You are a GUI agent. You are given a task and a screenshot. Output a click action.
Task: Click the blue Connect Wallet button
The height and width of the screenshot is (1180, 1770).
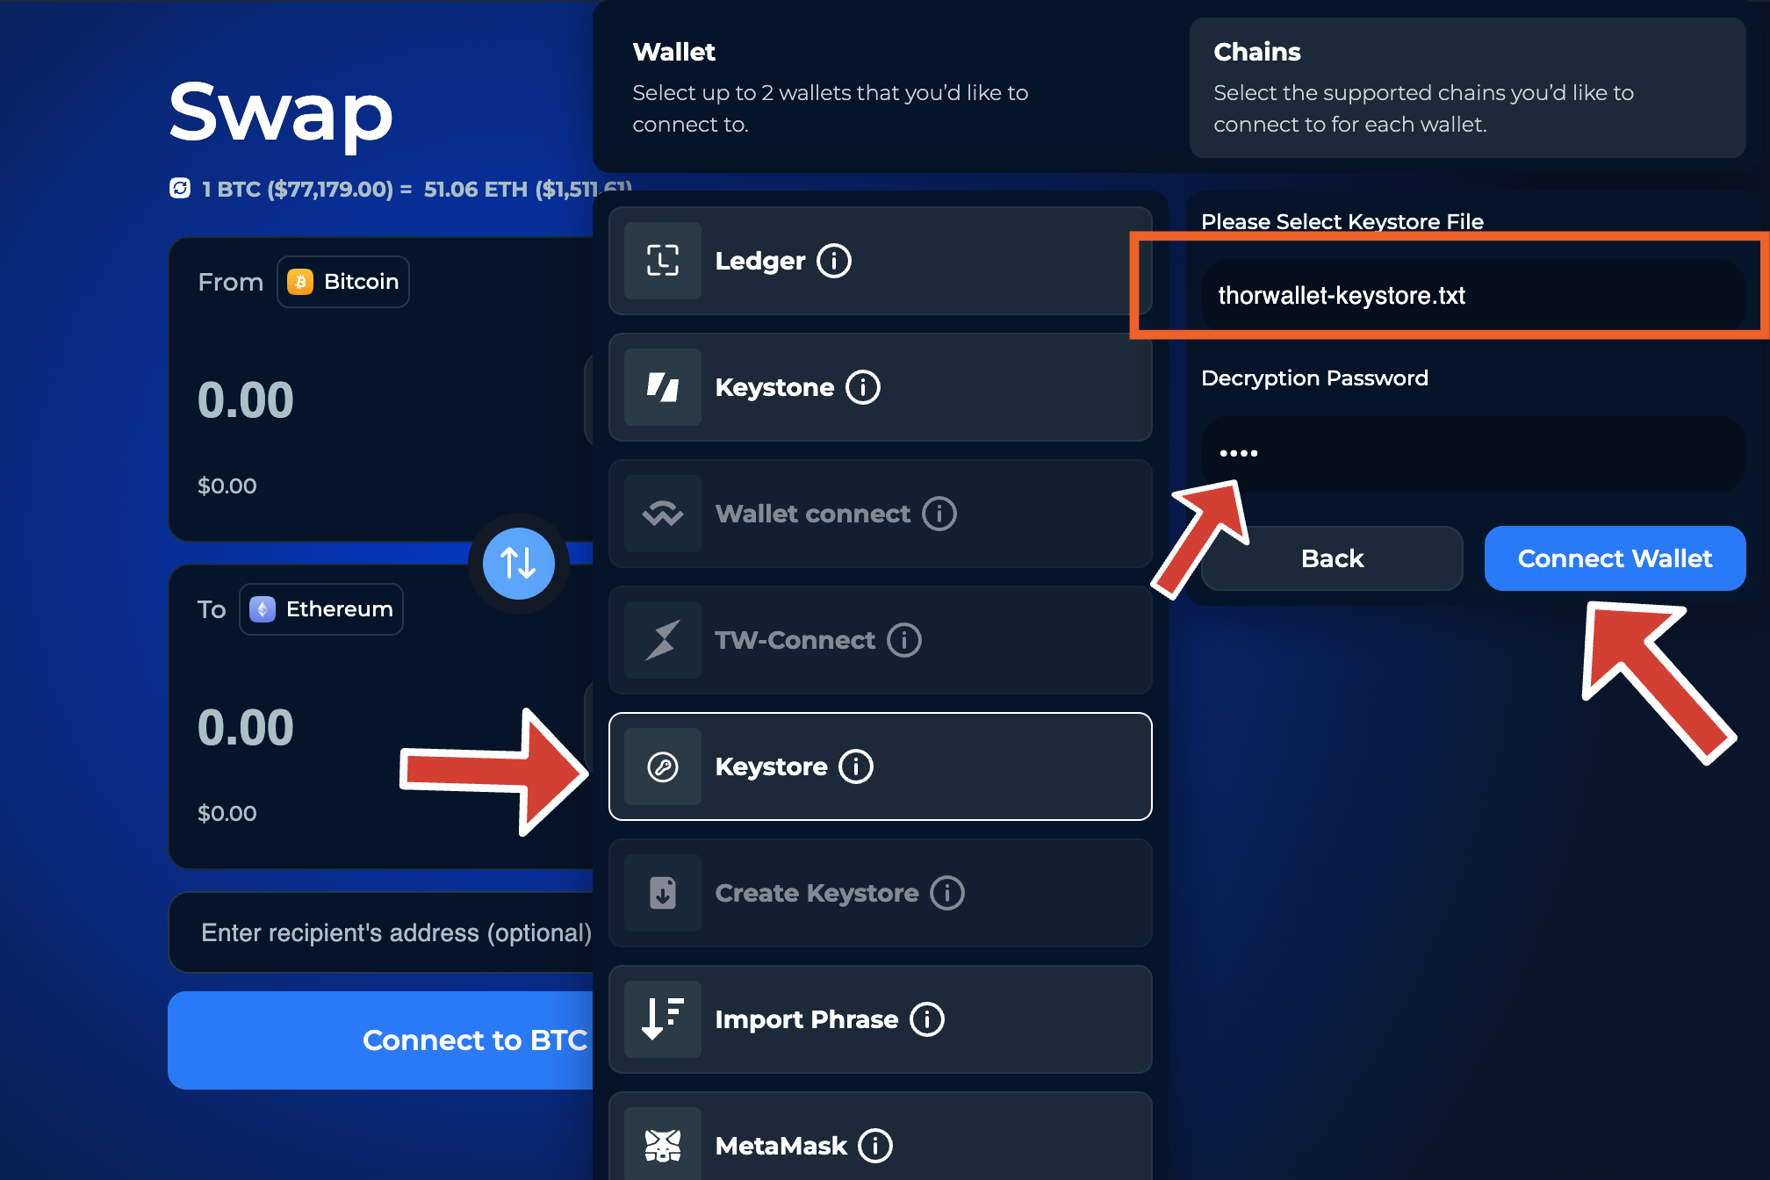pos(1615,558)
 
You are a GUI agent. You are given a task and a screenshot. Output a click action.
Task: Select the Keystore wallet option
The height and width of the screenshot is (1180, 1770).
pos(880,766)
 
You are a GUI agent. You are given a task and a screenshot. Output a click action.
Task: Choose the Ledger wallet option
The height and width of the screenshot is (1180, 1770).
pos(880,261)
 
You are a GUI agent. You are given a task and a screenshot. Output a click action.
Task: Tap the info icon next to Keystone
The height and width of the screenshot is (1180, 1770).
pos(863,387)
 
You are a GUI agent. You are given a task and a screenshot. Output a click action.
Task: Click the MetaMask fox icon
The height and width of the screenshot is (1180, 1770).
pos(663,1145)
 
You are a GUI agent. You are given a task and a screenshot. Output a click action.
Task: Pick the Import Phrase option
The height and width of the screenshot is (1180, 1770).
pos(880,1019)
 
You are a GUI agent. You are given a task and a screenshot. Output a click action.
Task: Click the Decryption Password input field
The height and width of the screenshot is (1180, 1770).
pos(1473,453)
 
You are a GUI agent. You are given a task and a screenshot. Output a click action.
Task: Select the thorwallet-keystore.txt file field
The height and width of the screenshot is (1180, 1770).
pos(1473,296)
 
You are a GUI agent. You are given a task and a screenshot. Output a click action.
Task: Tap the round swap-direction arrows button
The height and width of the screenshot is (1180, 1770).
pos(518,563)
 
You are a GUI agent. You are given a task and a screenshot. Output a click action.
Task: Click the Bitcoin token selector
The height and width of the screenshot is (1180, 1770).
pos(343,282)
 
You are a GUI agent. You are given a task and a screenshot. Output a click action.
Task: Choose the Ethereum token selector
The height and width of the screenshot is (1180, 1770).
pos(321,609)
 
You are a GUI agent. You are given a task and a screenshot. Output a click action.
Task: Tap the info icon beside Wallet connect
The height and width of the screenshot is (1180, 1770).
pos(939,514)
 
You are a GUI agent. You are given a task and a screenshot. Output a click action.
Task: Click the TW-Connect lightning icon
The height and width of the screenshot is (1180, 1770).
pos(663,640)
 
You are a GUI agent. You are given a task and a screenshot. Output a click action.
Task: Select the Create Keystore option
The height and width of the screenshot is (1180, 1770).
pos(880,893)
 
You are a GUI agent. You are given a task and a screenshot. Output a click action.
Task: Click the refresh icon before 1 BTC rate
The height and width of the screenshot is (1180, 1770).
pos(180,189)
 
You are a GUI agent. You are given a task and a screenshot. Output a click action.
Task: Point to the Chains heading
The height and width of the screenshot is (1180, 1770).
pos(1257,52)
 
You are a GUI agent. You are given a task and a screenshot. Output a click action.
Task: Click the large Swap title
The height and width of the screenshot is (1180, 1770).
pos(281,112)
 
